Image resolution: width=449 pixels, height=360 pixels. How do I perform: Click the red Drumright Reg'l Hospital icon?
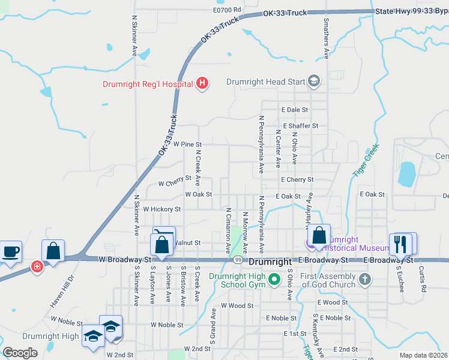[x=202, y=83]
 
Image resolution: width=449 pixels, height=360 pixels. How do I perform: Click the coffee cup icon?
[x=12, y=251]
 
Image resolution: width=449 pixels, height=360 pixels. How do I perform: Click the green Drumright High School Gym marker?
[x=274, y=280]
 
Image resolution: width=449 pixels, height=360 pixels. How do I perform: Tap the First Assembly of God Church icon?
[x=364, y=280]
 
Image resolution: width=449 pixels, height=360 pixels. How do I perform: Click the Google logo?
[x=20, y=353]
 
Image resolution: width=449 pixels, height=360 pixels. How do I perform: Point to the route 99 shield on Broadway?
[x=238, y=260]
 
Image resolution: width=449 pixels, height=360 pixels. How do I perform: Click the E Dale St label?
[x=294, y=110]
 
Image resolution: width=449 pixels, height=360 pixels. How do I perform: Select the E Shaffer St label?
[x=299, y=126]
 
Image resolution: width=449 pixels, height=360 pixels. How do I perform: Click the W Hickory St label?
[x=161, y=209]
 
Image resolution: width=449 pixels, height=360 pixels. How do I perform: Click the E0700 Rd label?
[x=226, y=10]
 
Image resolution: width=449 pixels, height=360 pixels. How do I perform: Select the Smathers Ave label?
[x=326, y=38]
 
